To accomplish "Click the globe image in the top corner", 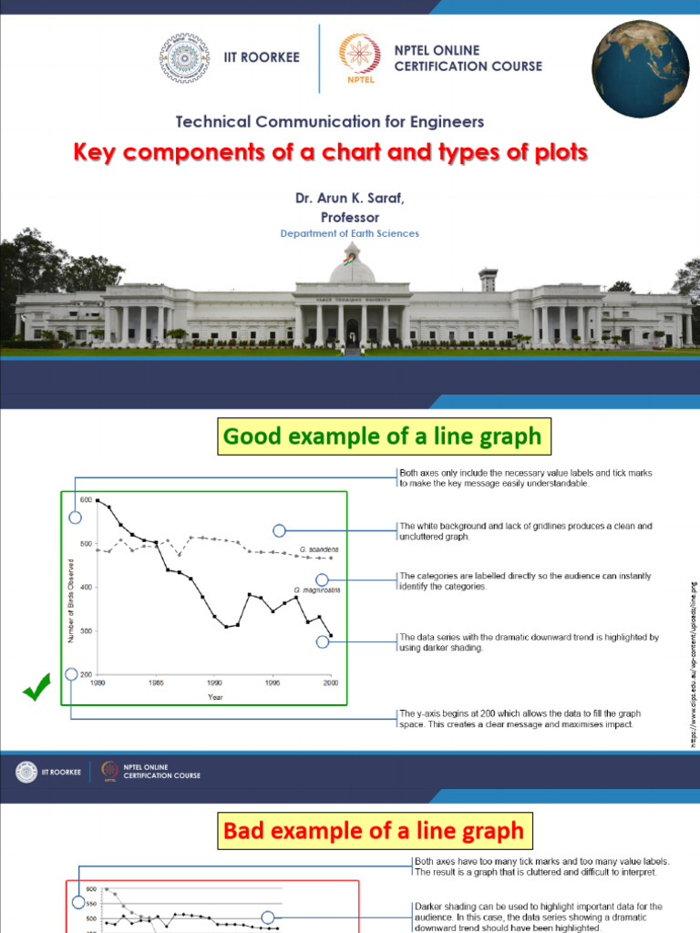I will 641,70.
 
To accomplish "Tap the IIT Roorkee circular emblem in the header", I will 184,58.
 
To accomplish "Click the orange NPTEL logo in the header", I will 355,59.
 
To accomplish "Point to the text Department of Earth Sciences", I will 349,233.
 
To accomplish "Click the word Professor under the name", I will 349,217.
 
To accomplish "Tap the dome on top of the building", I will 352,266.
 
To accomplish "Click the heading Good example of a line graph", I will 382,437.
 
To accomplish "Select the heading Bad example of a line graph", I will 374,830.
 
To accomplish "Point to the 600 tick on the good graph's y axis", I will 86,499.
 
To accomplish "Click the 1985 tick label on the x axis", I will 156,682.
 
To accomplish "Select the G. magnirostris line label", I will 317,590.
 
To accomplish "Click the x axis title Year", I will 214,697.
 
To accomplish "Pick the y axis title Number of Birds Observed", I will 71,587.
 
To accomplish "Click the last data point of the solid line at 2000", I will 331,636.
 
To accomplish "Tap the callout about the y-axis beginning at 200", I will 520,718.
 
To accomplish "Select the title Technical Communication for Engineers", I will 329,121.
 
